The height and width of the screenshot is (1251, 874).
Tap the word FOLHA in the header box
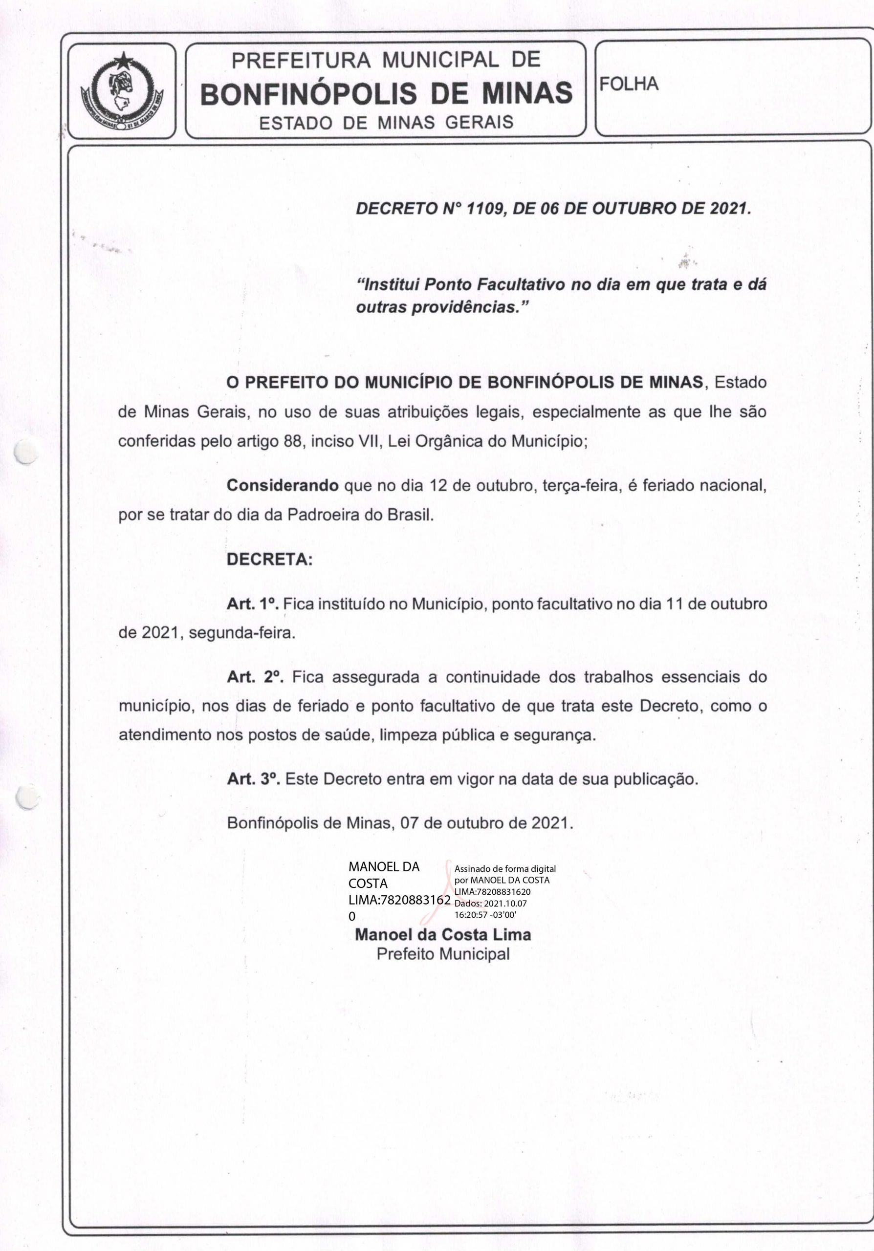pyautogui.click(x=629, y=84)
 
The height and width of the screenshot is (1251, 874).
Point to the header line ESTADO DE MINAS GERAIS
pyautogui.click(x=386, y=122)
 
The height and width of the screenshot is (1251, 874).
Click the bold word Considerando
pyautogui.click(x=282, y=485)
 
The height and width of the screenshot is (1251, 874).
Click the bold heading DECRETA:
pyautogui.click(x=270, y=560)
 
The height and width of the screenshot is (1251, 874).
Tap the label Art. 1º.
pyautogui.click(x=252, y=604)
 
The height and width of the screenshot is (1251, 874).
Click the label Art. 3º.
pyautogui.click(x=253, y=778)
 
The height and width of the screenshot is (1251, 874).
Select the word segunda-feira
pyautogui.click(x=241, y=633)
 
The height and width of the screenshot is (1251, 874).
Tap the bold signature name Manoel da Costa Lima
pyautogui.click(x=442, y=934)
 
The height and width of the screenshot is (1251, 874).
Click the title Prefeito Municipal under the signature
pyautogui.click(x=443, y=954)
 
